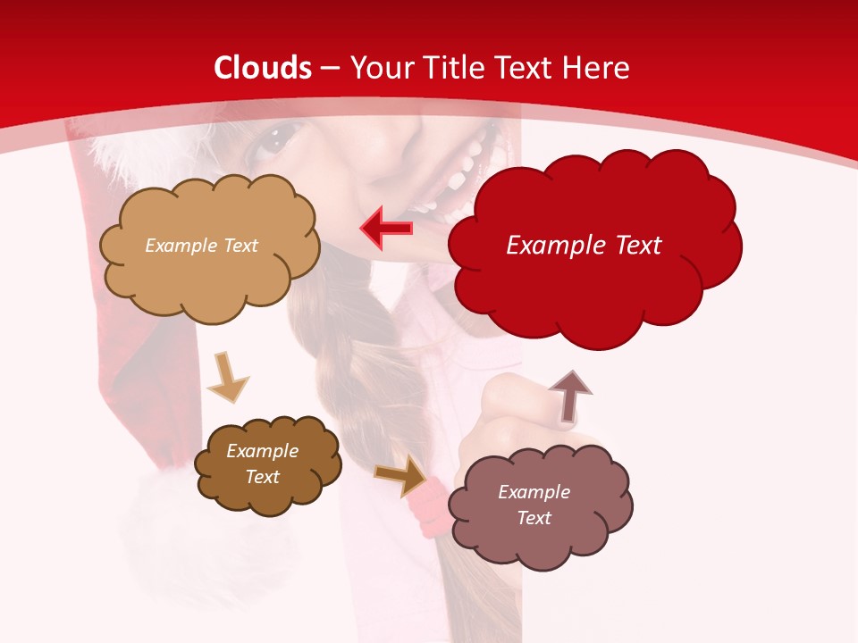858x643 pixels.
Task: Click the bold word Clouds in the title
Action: tap(263, 68)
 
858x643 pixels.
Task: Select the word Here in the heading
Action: tap(593, 68)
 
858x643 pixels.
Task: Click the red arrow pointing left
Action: tap(387, 228)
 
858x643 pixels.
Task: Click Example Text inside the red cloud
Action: tap(584, 246)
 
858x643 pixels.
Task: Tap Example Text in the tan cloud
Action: tap(201, 246)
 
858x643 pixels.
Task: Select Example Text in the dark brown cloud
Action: tap(262, 463)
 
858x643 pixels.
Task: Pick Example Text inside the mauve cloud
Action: tap(534, 505)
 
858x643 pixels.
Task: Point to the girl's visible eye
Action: tap(279, 138)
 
